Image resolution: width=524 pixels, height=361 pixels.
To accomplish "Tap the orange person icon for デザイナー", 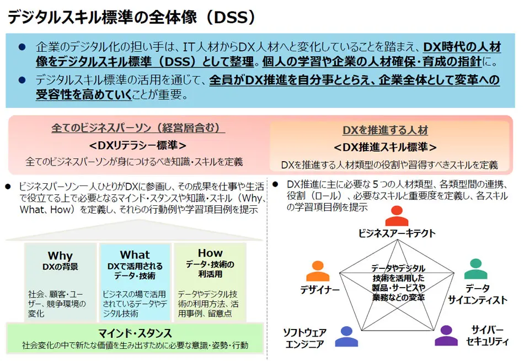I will tap(317, 271).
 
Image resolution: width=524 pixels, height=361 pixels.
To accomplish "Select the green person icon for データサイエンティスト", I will tap(475, 269).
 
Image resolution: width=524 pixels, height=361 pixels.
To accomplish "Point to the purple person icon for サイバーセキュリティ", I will tap(446, 336).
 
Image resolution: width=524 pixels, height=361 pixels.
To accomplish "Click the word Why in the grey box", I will tap(60, 256).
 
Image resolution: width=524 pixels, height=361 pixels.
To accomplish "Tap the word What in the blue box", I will tap(135, 254).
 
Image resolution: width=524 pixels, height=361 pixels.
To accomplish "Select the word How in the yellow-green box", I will tap(210, 253).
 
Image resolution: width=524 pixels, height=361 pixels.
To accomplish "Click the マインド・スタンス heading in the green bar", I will tap(135, 333).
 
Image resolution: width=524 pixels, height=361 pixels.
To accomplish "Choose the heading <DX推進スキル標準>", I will tap(386, 147).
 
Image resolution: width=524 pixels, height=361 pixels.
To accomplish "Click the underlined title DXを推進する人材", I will tap(386, 131).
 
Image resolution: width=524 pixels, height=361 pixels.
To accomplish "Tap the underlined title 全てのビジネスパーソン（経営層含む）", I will tap(138, 128).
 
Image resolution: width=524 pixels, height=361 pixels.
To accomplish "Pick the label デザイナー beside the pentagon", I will tap(320, 289).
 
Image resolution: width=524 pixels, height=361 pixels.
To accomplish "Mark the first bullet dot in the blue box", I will tap(22, 47).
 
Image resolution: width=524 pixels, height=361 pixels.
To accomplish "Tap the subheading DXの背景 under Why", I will tap(60, 267).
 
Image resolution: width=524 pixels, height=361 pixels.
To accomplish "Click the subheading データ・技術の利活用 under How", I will tap(210, 269).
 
